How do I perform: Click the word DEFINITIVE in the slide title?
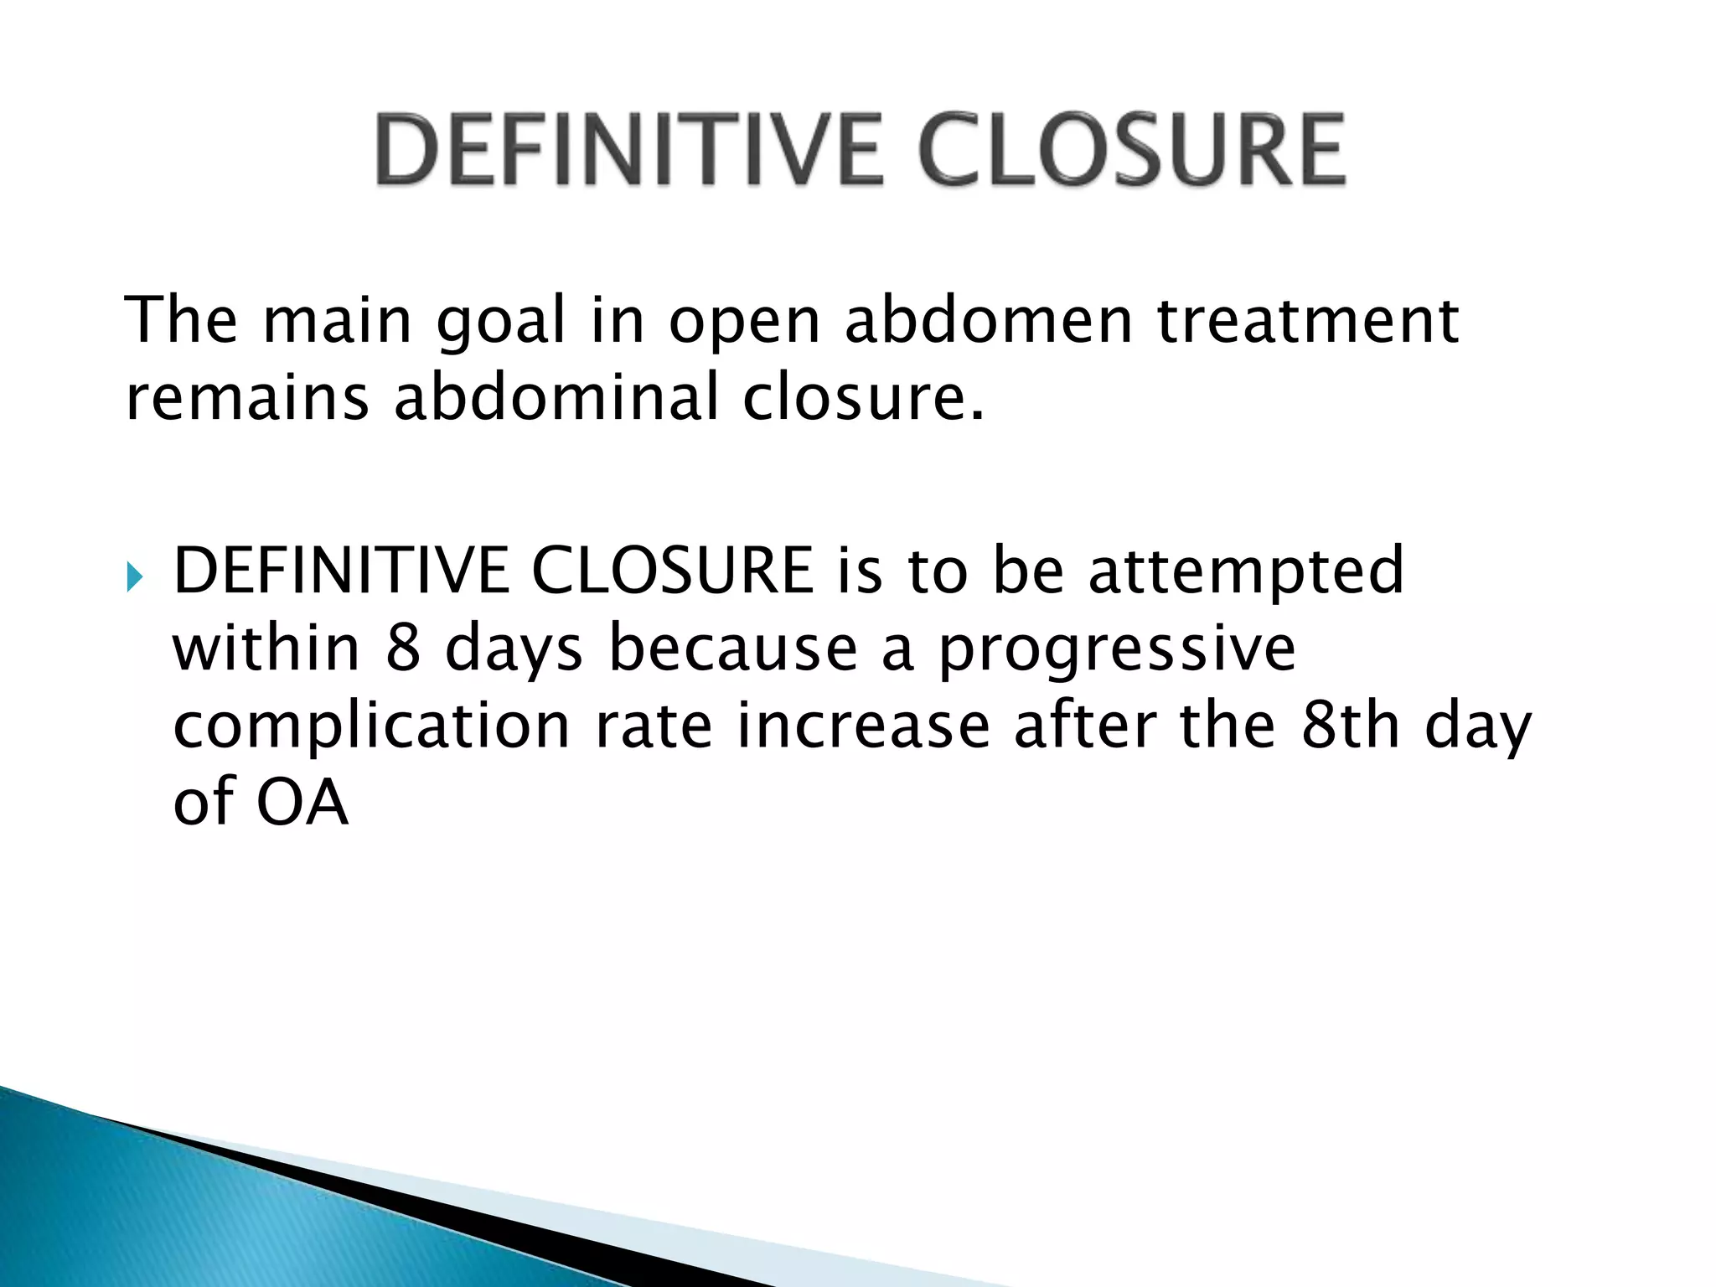coord(628,151)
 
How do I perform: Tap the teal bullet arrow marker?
coord(136,576)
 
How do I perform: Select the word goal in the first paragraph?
coord(501,322)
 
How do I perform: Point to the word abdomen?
coord(989,322)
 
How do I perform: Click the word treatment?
coord(1308,322)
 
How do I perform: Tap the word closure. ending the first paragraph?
coord(863,397)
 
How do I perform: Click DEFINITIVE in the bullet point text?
coord(340,571)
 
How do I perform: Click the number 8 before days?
coord(403,649)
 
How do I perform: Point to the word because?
coord(733,649)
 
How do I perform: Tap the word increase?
coord(863,726)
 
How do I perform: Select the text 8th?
coord(1350,726)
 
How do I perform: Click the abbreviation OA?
coord(302,803)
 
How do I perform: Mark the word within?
coord(266,649)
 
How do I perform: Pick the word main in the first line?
coord(338,322)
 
